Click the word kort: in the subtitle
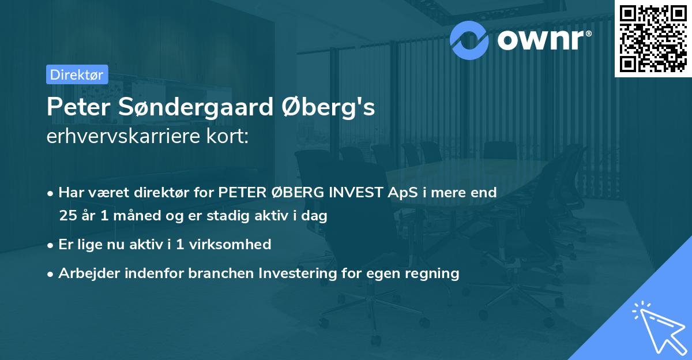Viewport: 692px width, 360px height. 230,136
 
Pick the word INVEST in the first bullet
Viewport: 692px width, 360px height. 348,193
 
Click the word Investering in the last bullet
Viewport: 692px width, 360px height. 296,273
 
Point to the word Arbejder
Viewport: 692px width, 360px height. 85,273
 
